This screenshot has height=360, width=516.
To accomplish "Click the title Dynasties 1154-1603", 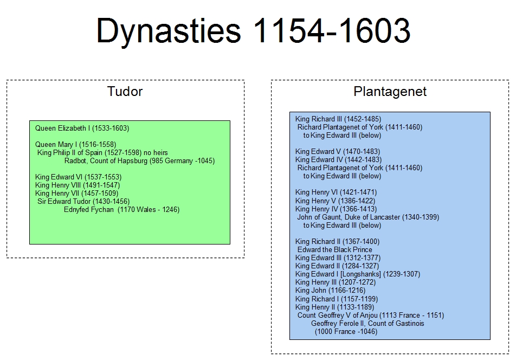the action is coord(254,31).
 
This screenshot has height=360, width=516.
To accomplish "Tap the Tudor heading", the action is coord(125,92).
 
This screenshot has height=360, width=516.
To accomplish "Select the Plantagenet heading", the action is coord(390,92).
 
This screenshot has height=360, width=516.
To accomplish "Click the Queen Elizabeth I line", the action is coord(82,128).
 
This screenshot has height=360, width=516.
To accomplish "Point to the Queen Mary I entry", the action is coord(76,144).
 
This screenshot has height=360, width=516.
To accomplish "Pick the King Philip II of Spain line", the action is coord(102,153).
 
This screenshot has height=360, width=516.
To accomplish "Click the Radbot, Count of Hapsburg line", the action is coord(139,161).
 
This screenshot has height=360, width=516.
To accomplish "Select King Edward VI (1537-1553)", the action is coord(78,177).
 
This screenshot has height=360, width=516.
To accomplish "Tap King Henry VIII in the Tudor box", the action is coord(78,185).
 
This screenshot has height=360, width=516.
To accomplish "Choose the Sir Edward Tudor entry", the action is coord(83,201).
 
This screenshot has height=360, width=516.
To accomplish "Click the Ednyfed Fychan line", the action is coord(122,210).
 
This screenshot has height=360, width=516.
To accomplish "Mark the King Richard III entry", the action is coord(338,119).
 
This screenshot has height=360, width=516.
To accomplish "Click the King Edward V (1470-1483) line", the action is coord(338,152).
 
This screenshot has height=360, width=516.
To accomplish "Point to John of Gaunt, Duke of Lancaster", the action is coord(368,217).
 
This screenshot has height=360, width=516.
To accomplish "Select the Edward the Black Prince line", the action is coord(335,250).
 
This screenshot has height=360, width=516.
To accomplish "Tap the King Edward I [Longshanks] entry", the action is coord(358,274).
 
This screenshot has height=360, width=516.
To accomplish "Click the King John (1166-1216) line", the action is coord(331,291).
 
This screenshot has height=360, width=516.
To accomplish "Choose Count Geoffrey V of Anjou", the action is coord(371,315).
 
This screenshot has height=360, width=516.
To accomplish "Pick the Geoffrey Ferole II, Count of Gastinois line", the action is coord(367,324).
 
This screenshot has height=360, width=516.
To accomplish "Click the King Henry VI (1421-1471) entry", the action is coord(336,192).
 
